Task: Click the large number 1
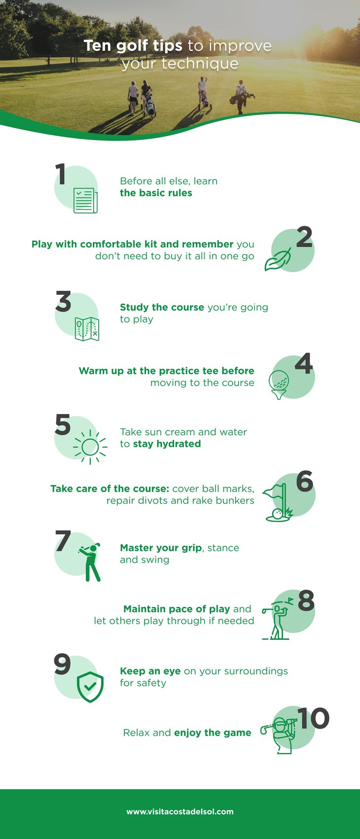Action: click(x=61, y=174)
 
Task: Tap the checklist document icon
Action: click(x=85, y=200)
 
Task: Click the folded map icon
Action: click(x=87, y=329)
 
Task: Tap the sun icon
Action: click(x=90, y=447)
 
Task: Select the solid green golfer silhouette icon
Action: click(x=90, y=562)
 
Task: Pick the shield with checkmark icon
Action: click(x=90, y=687)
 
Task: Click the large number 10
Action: click(x=313, y=719)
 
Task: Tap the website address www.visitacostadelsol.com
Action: click(x=180, y=811)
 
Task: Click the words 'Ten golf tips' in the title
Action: click(x=133, y=45)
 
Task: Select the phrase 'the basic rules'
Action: click(x=156, y=193)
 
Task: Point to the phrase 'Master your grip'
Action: click(x=161, y=548)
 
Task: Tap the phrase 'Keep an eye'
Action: click(x=150, y=671)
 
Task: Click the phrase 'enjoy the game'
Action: click(x=213, y=733)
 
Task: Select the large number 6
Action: click(x=305, y=482)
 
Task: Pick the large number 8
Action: click(x=306, y=601)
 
